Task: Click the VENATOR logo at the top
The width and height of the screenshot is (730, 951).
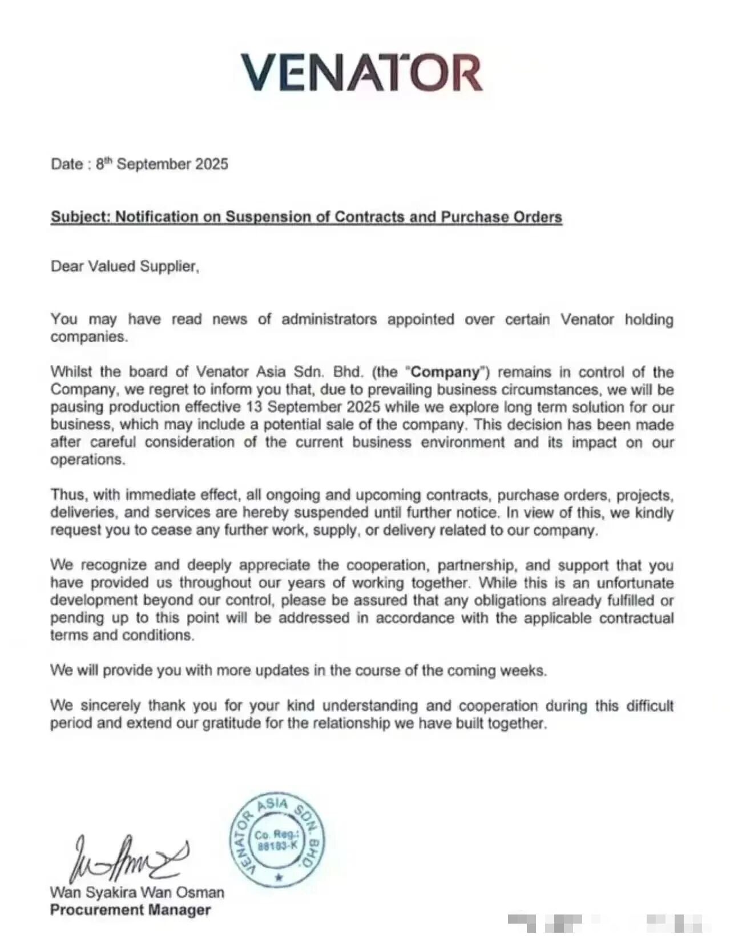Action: pos(361,72)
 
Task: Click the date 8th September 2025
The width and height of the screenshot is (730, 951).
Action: pos(162,164)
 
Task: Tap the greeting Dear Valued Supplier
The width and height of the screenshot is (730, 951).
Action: pos(125,266)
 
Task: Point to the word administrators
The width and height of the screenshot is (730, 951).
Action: pos(329,319)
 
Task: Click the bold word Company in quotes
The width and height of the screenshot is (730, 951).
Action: pos(446,372)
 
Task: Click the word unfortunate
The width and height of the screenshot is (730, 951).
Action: pos(635,583)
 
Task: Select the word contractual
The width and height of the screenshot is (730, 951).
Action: pos(636,618)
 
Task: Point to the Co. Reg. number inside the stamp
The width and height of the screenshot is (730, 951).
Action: pos(277,840)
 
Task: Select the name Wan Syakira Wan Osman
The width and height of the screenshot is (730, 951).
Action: pos(137,892)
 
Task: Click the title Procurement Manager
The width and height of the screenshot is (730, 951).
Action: pos(130,910)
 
